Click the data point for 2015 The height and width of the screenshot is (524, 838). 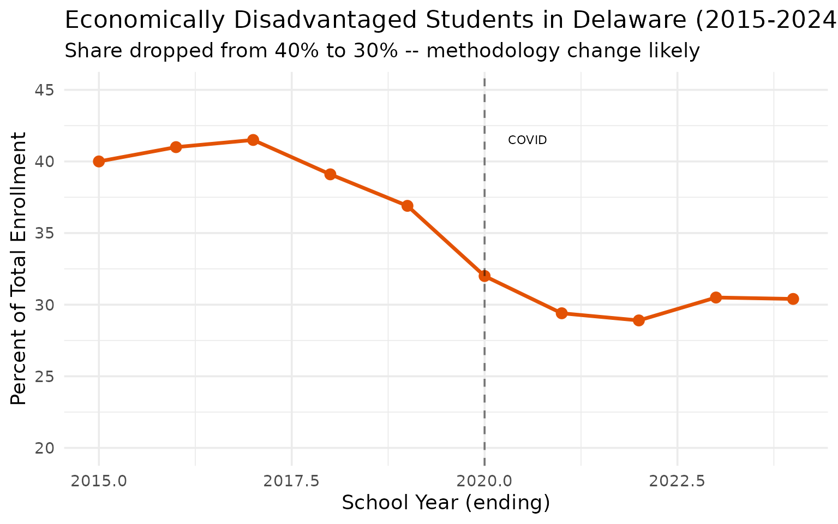[x=99, y=162]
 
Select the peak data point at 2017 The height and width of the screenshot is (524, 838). [x=253, y=140]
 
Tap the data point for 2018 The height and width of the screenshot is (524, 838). [x=330, y=175]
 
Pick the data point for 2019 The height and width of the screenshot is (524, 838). [x=408, y=206]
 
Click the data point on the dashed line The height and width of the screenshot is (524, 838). [x=484, y=276]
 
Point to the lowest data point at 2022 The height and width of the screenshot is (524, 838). [x=639, y=320]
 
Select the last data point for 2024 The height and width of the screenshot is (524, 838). [x=793, y=299]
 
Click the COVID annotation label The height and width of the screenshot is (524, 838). [x=527, y=140]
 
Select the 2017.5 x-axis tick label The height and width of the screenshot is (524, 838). [x=291, y=481]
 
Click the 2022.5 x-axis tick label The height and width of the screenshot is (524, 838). [x=677, y=481]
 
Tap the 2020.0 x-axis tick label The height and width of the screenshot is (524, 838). [x=484, y=481]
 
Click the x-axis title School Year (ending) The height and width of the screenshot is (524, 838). [x=446, y=503]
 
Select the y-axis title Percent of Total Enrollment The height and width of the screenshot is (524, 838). [x=19, y=268]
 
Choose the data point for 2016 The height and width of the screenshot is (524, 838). [x=176, y=147]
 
